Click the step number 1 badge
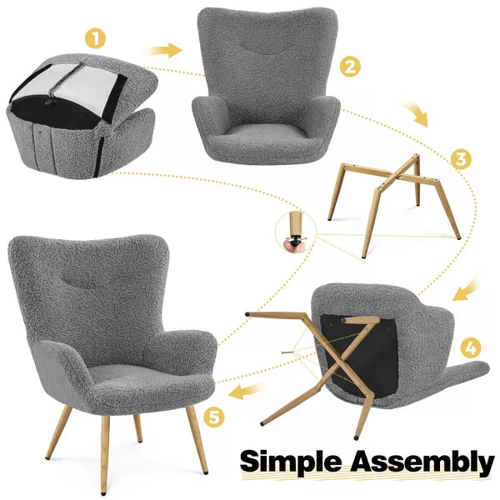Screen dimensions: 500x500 click(95, 38)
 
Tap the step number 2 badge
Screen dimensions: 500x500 click(350, 67)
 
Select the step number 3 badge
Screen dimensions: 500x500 click(461, 159)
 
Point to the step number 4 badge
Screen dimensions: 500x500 click(471, 348)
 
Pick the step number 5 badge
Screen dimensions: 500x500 click(214, 417)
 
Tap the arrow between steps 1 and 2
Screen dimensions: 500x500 click(165, 50)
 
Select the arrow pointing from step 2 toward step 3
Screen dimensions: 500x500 click(417, 114)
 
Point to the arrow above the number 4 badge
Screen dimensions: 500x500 click(466, 289)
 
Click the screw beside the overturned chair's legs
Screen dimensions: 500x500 click(287, 352)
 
